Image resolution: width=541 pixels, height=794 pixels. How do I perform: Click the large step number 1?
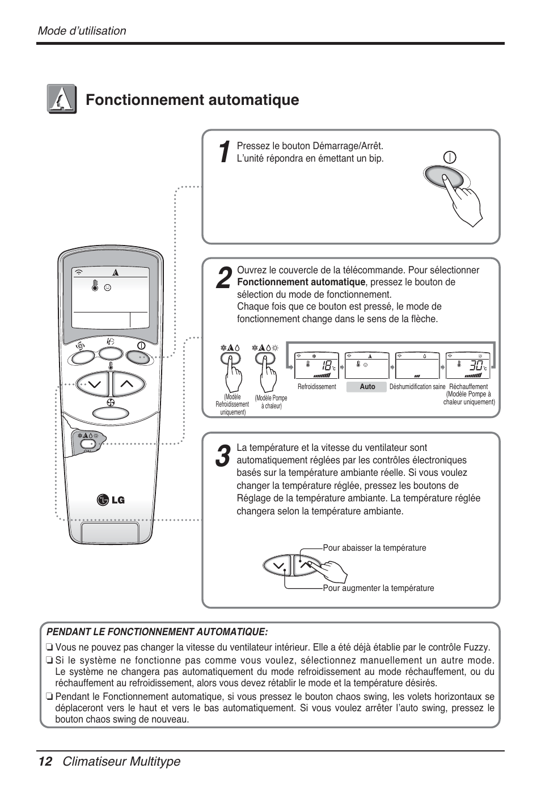tap(224, 152)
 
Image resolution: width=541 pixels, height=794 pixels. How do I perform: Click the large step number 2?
tap(224, 278)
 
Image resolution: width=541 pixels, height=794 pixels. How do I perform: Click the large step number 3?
tap(223, 457)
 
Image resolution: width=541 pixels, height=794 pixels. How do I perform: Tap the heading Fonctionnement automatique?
tap(192, 100)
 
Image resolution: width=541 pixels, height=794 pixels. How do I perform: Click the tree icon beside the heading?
tap(62, 99)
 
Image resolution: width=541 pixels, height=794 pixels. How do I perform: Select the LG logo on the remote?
tap(111, 499)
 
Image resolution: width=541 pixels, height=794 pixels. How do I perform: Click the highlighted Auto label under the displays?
tap(367, 387)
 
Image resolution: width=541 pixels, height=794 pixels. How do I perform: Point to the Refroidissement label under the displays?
tap(316, 387)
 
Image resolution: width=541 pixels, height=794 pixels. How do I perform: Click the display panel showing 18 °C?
tap(316, 365)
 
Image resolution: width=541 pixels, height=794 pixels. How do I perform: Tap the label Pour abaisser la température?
tap(374, 548)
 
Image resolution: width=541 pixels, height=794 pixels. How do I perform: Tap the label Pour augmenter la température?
tap(378, 588)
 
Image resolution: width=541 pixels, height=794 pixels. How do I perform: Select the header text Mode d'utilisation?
tap(82, 31)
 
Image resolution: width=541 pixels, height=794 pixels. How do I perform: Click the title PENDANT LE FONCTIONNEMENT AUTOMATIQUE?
tap(157, 632)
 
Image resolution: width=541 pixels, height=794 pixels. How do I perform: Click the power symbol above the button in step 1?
tap(450, 158)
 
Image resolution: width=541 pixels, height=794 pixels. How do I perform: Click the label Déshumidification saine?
tap(417, 387)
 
